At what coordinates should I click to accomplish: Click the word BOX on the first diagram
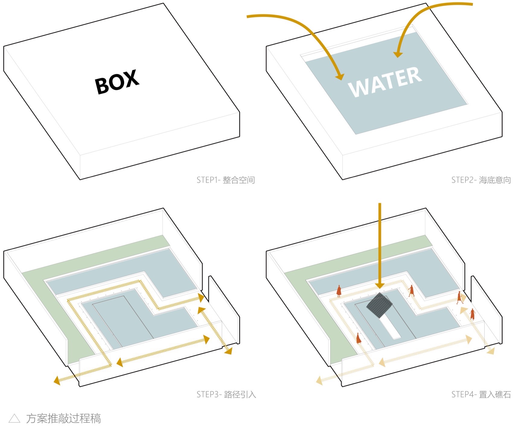click(117, 82)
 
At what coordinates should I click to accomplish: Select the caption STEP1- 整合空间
click(226, 180)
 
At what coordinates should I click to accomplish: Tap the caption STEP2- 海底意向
click(481, 180)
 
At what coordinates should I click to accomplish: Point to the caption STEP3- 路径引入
click(226, 394)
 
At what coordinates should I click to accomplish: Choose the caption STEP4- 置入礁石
click(481, 394)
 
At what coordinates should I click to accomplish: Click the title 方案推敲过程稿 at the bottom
click(63, 418)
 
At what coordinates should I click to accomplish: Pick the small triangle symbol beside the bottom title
click(14, 418)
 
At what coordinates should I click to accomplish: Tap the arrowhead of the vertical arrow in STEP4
click(380, 285)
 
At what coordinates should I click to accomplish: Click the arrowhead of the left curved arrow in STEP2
click(340, 77)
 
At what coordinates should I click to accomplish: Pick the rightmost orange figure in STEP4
click(472, 314)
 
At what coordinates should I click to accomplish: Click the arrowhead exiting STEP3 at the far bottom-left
click(57, 380)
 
